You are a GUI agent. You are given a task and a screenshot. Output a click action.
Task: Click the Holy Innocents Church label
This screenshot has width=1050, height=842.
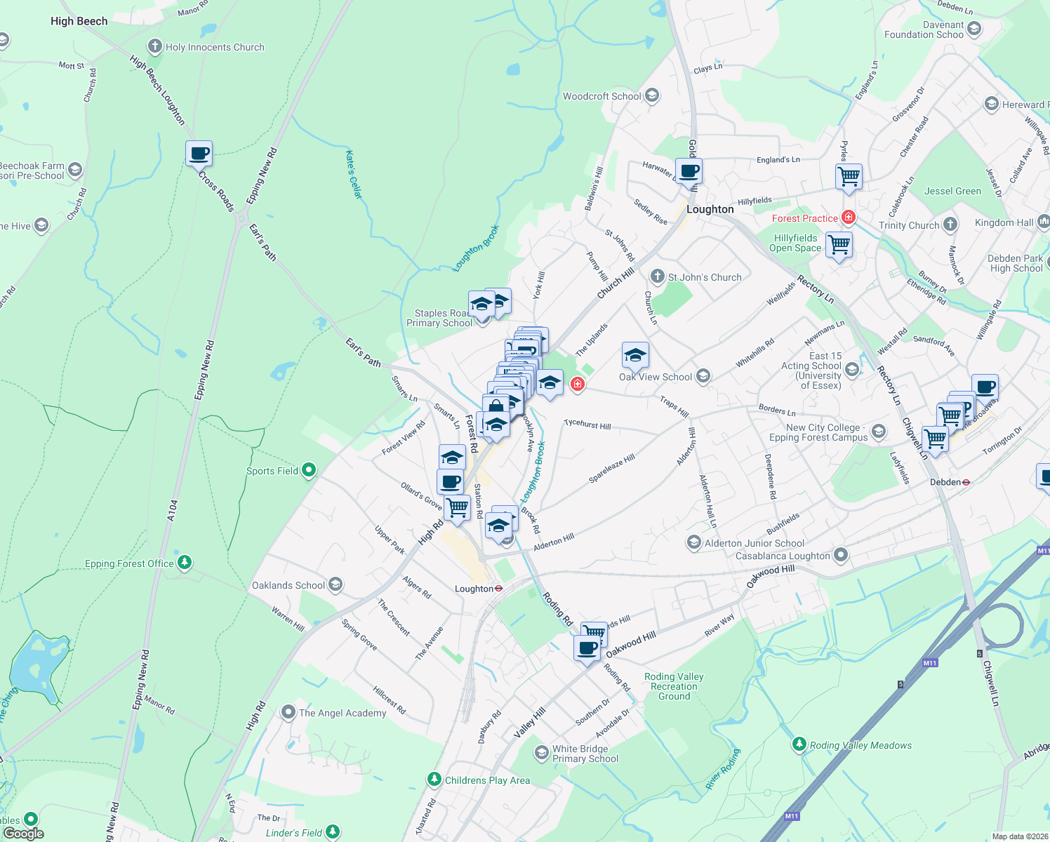point(215,48)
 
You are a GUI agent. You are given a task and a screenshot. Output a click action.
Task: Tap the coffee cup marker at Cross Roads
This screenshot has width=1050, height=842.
point(199,153)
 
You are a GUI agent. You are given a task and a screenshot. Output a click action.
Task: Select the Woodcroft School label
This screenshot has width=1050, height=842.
point(602,96)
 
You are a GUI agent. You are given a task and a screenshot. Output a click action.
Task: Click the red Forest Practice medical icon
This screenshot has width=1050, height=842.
point(849,218)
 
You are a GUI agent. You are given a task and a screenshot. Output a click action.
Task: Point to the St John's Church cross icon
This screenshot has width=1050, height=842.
point(658,276)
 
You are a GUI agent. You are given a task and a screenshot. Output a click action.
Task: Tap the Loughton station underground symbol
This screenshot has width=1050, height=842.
point(499,589)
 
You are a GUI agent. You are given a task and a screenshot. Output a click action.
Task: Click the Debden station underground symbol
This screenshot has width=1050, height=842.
point(966,482)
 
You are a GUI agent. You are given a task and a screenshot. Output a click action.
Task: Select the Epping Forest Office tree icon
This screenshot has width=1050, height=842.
point(185,562)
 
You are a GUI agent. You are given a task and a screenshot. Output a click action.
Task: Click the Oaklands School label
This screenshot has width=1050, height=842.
point(288,585)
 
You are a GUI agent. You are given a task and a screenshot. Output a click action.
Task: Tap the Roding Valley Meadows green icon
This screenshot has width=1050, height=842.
point(799,743)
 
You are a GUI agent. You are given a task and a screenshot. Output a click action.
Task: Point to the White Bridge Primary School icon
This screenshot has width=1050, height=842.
point(541,753)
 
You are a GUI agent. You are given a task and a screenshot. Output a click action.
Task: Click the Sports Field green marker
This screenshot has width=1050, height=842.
point(309,470)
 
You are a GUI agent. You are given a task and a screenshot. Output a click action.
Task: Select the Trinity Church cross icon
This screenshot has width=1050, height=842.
point(950,225)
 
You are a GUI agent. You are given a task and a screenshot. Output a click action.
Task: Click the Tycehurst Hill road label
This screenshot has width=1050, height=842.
point(587,425)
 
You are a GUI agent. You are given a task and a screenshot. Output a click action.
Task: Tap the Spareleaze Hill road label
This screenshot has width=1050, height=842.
point(611,468)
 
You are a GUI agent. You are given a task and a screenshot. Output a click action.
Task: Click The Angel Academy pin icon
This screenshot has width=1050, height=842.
point(288,713)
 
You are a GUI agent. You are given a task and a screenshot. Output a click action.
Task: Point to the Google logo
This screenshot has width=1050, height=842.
point(23,834)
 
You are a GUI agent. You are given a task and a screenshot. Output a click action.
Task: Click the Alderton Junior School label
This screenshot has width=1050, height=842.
point(755,543)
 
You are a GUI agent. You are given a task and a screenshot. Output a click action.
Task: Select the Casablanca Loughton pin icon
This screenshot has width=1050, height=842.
point(841,556)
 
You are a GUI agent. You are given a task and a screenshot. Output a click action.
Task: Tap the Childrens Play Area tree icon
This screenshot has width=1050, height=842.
point(434,780)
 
